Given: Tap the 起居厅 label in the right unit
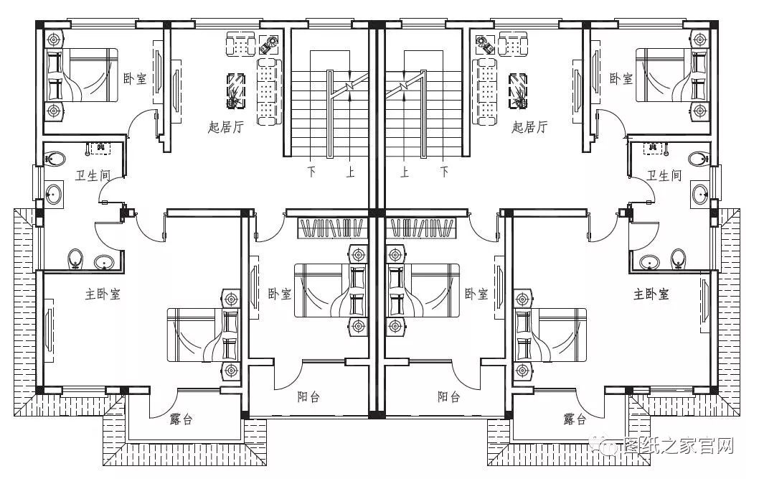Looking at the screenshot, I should click(529, 128).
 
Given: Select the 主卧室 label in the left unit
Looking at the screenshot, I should click(103, 294).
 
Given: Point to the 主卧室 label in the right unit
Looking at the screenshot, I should click(651, 294).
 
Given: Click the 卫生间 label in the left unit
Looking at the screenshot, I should click(93, 175).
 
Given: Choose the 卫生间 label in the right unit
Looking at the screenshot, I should click(664, 175).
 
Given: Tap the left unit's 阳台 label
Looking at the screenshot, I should click(308, 396).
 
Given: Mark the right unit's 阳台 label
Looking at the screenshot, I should click(449, 396).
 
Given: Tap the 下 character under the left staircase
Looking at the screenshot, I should click(312, 172).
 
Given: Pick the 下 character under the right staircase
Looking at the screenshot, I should click(444, 172).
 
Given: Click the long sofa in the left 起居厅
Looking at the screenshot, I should click(268, 90).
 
